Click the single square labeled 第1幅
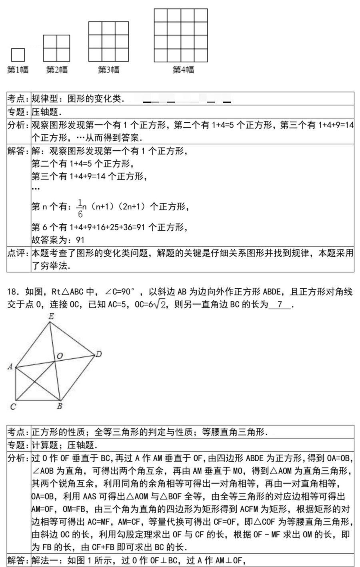tap(18, 55)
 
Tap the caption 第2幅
tap(56, 70)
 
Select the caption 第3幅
tap(108, 70)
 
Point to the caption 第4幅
tap(183, 70)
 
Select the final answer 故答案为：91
tap(58, 240)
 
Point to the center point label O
tap(59, 356)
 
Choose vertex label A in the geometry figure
tap(10, 366)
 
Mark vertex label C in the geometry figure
tap(13, 407)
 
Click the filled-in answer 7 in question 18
tap(280, 305)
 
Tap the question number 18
tap(12, 292)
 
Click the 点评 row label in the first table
tap(19, 253)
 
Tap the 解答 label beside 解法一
tap(19, 561)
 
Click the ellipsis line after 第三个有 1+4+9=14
tap(35, 188)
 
